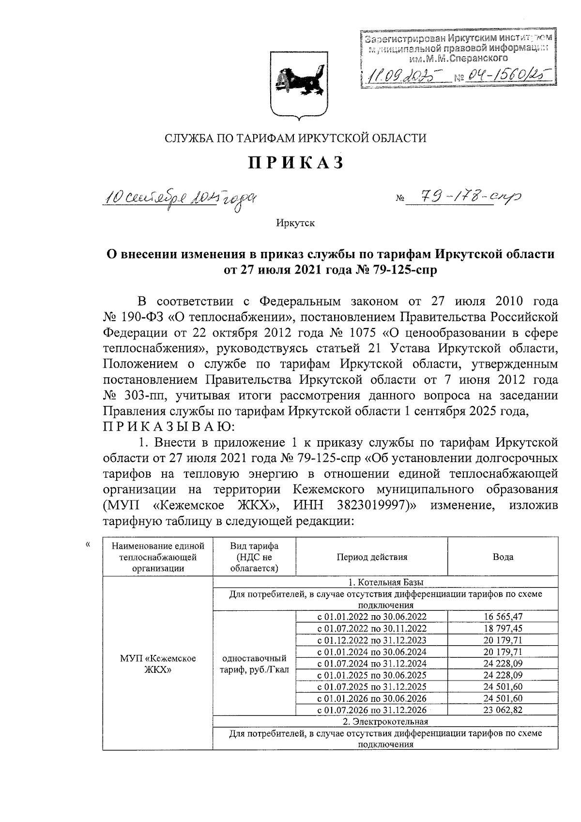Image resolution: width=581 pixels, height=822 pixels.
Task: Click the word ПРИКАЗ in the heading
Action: point(296,163)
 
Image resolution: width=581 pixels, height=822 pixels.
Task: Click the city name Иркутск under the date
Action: point(295,223)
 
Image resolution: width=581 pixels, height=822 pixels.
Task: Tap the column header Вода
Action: point(503,557)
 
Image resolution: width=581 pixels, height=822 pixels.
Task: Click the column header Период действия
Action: point(372,557)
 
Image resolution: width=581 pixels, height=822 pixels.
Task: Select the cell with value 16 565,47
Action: point(503,617)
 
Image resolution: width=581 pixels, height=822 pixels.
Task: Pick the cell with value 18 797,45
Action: point(503,628)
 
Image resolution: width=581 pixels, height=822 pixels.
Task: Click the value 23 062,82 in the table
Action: point(503,710)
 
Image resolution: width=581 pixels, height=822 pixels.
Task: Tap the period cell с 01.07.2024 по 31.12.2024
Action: point(372,663)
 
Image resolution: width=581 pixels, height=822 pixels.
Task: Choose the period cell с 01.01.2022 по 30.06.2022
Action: point(372,617)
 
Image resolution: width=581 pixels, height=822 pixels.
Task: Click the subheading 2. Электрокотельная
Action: point(385,722)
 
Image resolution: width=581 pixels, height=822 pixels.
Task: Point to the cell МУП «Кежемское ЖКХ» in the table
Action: point(158,664)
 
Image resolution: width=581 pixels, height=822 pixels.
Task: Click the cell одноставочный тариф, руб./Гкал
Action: point(254,664)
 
